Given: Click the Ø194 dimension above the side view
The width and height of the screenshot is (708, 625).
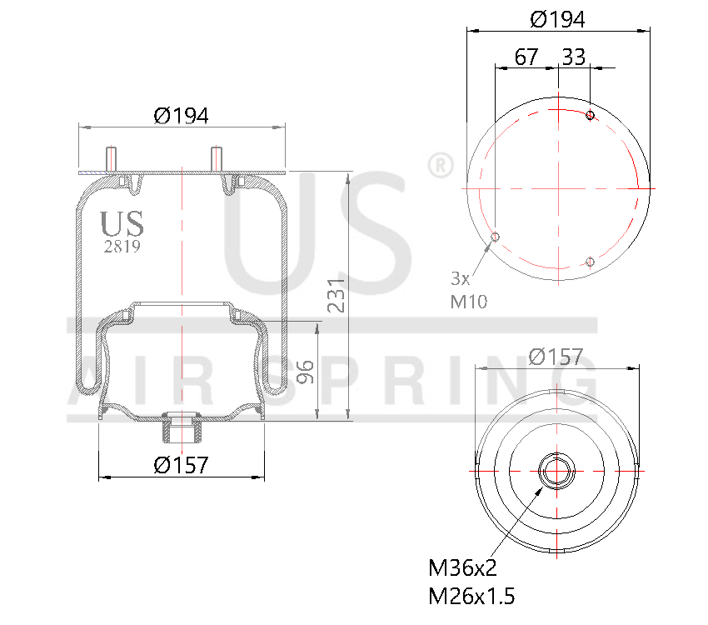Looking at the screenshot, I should (x=181, y=116).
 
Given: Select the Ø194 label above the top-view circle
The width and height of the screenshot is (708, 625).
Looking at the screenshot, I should (x=557, y=18).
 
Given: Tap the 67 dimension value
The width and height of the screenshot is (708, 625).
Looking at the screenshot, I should (x=526, y=57).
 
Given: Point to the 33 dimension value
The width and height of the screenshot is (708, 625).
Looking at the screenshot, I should (x=574, y=57).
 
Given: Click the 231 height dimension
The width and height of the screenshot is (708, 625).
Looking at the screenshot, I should (x=335, y=296).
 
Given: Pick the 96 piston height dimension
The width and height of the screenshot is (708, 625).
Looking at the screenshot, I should (x=305, y=372).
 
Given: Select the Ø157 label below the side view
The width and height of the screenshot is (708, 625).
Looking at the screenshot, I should (x=181, y=465).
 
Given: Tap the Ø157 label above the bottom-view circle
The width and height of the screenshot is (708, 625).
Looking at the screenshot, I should (x=556, y=357).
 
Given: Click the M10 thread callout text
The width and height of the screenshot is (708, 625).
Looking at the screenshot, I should (x=468, y=302).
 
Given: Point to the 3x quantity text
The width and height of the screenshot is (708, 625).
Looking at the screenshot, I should (x=461, y=277).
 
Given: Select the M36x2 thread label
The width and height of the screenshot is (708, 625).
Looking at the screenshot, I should (x=462, y=568).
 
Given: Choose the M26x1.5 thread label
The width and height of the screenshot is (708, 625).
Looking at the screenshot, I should (x=471, y=597).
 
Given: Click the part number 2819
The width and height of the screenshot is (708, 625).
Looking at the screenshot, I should (x=122, y=247).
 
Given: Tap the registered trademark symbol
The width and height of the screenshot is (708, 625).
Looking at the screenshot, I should (x=440, y=165).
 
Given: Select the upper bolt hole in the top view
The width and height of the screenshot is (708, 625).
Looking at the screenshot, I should (x=590, y=115).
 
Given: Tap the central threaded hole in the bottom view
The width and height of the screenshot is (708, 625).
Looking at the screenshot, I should (x=556, y=471).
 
